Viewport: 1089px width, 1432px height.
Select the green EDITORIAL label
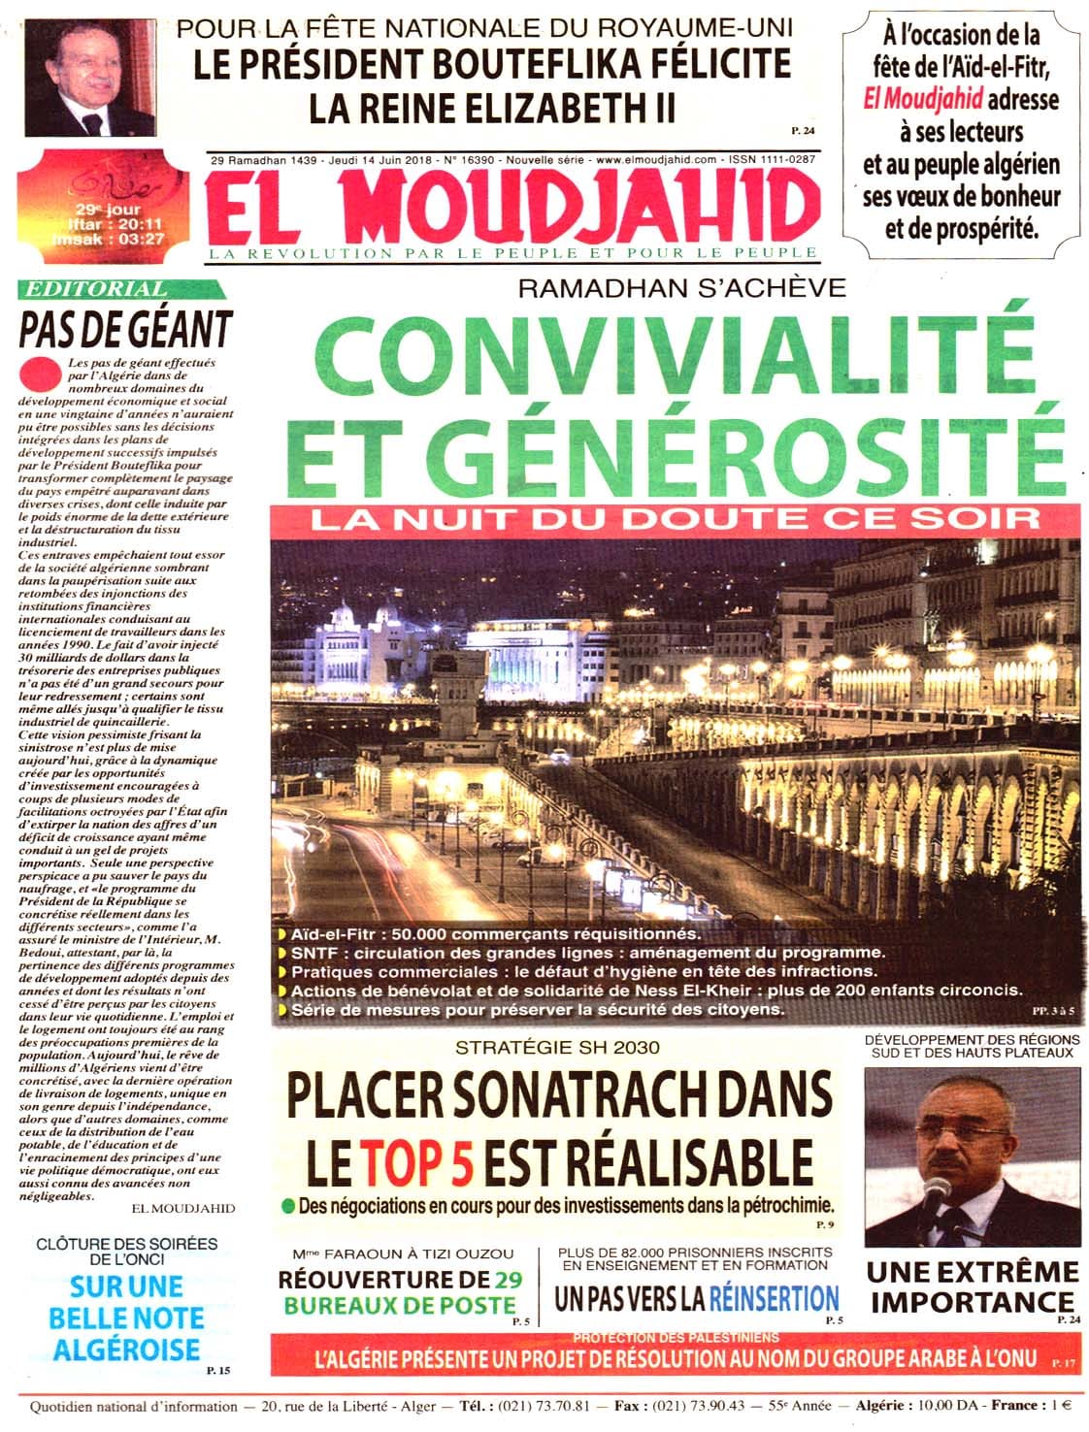(95, 289)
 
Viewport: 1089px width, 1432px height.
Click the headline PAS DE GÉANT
(126, 328)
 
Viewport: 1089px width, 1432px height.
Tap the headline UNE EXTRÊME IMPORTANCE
(972, 1286)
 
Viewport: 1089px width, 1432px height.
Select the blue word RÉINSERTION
(774, 1297)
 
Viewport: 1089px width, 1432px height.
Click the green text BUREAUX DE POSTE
(398, 1304)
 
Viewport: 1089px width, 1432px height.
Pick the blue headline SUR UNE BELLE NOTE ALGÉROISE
(126, 1317)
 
